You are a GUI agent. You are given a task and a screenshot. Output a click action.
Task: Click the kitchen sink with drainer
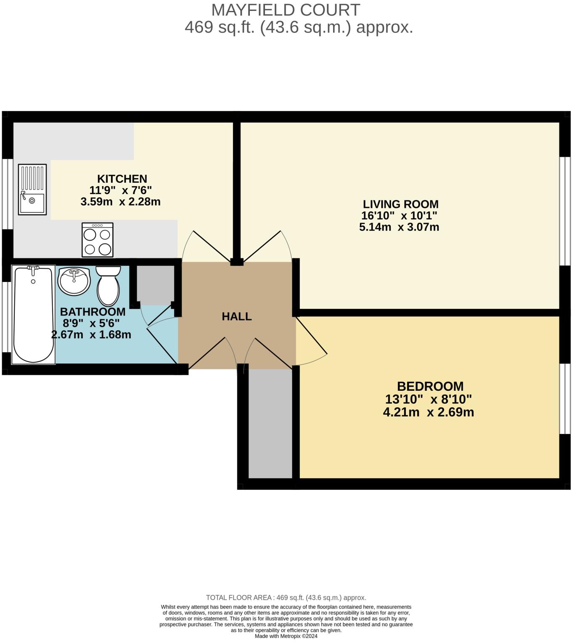pos(32,189)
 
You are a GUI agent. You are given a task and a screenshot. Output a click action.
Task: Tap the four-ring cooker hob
pos(98,239)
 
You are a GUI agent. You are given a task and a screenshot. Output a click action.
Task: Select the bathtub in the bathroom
pos(33,314)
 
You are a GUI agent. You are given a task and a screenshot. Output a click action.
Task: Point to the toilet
pos(108,286)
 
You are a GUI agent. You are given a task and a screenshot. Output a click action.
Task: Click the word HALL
pos(237,316)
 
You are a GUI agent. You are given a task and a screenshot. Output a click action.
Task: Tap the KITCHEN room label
pos(122,179)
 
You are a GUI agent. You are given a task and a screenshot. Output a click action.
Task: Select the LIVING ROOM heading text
pos(401,204)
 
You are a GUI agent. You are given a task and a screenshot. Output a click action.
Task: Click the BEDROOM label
pos(430,386)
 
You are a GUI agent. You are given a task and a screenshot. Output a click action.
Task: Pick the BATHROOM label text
pos(93,312)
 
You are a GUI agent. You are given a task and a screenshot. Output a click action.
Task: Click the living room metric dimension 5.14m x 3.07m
pos(399,227)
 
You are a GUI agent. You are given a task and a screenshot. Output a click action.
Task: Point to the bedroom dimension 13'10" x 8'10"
pos(428,399)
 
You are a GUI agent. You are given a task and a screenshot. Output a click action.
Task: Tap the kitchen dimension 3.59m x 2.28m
pos(121,202)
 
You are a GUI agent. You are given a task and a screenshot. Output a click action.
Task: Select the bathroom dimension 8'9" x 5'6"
pos(91,323)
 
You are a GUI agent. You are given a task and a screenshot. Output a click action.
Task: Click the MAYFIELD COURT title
pos(286,10)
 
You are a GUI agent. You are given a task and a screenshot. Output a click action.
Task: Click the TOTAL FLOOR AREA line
pos(286,597)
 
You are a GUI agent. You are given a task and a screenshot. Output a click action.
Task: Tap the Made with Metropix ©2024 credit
pos(286,636)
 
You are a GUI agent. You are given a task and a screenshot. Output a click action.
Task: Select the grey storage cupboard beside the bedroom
pos(270,424)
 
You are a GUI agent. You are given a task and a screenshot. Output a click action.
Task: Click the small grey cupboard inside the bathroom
pos(156,285)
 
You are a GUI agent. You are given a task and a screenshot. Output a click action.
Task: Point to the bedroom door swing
pos(312,342)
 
